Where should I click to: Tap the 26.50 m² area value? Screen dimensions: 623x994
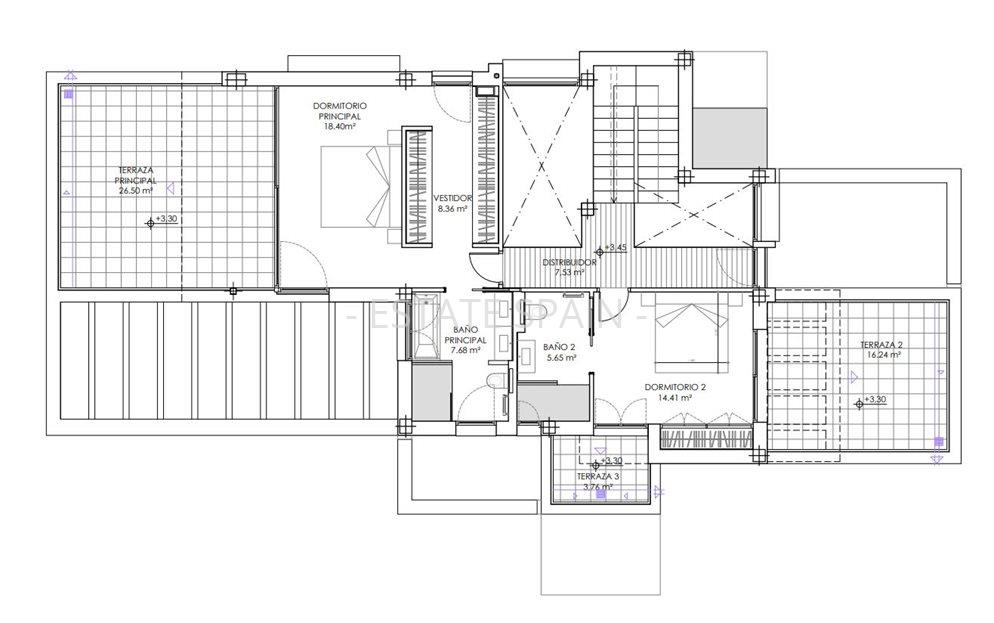click(136, 190)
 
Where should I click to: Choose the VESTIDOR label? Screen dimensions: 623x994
click(453, 198)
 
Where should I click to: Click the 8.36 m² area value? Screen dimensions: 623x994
click(453, 210)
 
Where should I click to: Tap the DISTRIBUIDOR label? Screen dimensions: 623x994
click(570, 263)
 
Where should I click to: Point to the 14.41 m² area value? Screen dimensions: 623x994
click(670, 397)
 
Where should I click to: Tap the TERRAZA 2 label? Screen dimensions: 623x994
click(881, 345)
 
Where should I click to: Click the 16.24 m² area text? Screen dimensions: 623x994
click(881, 355)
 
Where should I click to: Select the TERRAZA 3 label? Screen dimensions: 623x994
click(598, 477)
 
